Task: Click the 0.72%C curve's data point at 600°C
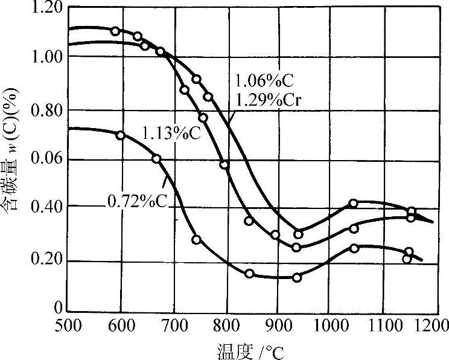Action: click(120, 135)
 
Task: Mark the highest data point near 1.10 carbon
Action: click(115, 31)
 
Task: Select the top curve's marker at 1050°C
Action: click(354, 204)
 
